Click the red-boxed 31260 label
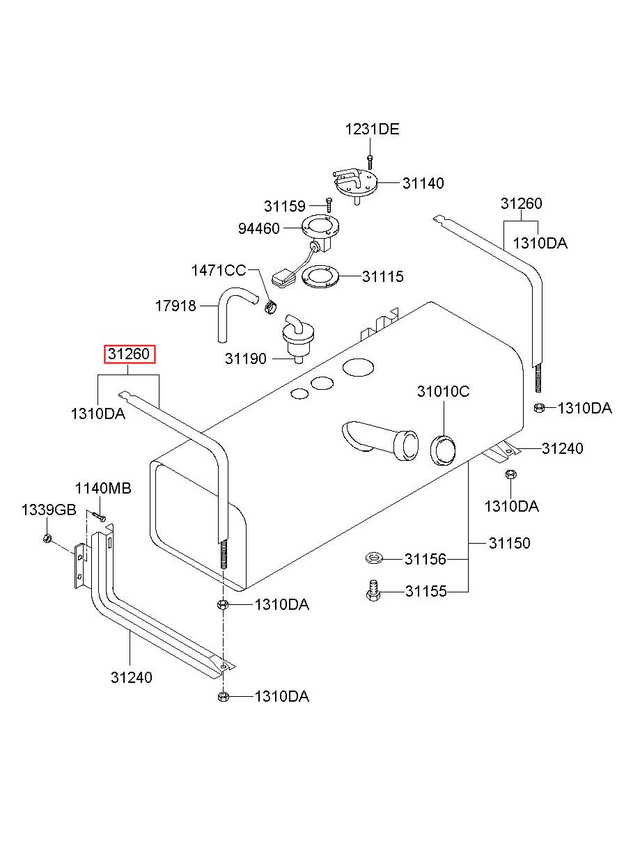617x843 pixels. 129,354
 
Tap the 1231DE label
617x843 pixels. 372,129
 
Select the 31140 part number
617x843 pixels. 423,183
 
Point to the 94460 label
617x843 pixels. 258,228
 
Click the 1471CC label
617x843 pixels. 219,270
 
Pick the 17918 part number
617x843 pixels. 175,306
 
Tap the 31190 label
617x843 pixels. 245,359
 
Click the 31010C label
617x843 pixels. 443,392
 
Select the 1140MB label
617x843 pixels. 103,489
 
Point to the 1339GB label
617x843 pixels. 49,510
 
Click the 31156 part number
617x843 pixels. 425,559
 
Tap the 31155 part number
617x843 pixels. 425,592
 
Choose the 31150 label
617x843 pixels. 509,543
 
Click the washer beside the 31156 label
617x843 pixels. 374,558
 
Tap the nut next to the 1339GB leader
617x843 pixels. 47,539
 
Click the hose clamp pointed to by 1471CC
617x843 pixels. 270,308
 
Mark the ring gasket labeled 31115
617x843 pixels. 320,278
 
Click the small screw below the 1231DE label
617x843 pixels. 370,163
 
